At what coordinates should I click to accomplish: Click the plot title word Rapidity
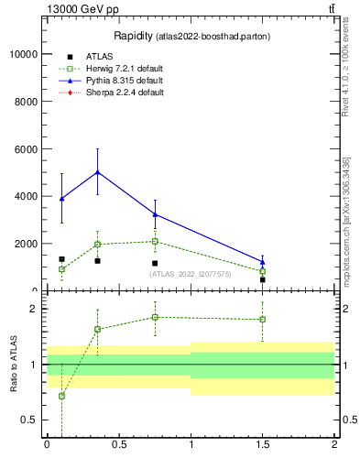tap(133, 36)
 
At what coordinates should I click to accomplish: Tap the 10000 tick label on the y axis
tap(24, 54)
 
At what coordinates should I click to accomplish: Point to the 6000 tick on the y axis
tap(27, 149)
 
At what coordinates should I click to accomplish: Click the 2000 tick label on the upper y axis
tap(27, 244)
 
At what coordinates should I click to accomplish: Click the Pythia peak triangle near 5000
tap(97, 172)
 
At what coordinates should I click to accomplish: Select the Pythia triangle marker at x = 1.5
tap(262, 262)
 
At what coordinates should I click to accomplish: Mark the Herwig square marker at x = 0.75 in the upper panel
tap(155, 242)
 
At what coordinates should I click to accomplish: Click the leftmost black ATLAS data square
tap(61, 259)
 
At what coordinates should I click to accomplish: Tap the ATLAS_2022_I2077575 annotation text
tap(190, 274)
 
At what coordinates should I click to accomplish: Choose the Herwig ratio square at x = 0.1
tap(61, 396)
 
